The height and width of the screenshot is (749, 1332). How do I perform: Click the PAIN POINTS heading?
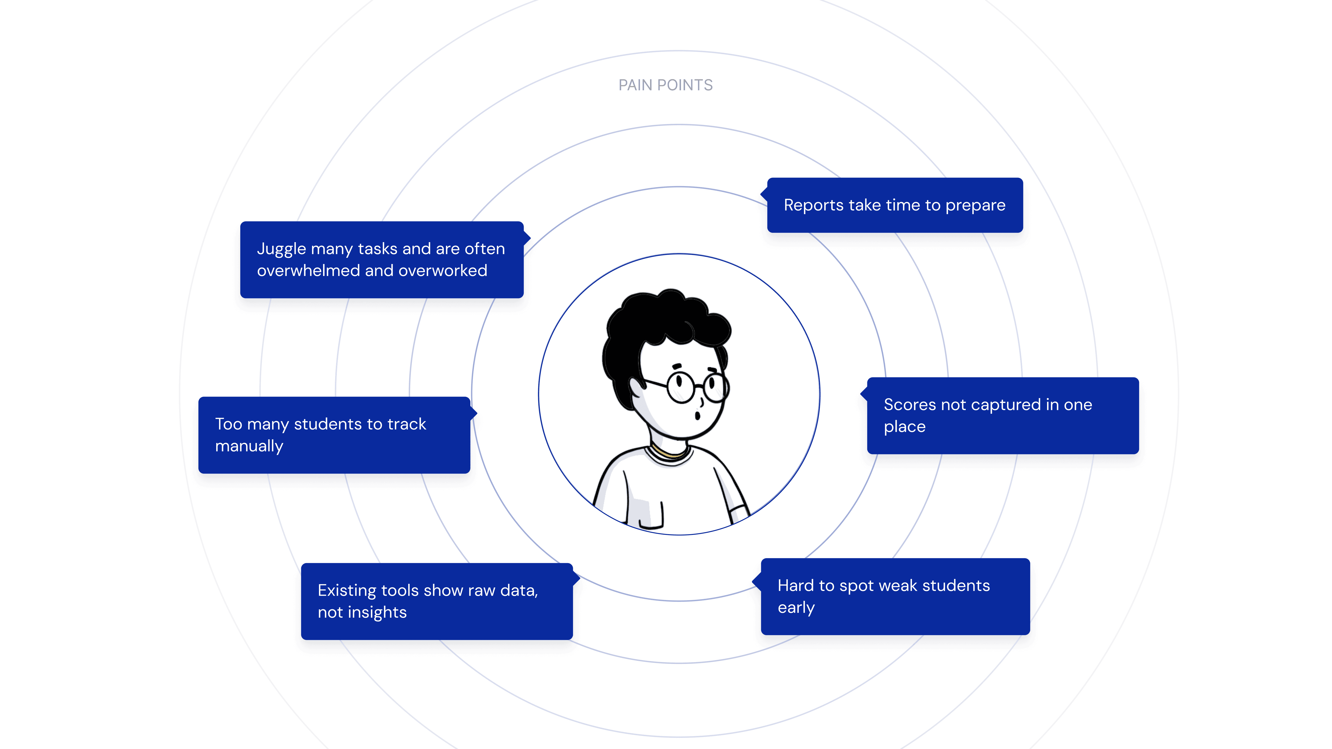pos(666,85)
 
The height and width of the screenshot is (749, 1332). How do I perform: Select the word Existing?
pos(347,591)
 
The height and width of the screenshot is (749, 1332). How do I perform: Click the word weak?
pos(898,586)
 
